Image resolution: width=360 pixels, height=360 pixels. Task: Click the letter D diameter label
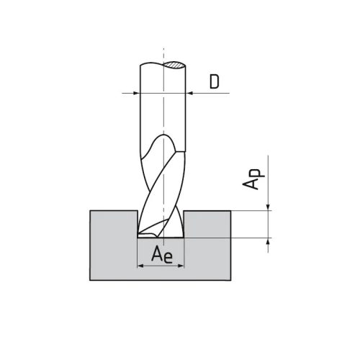click(x=215, y=81)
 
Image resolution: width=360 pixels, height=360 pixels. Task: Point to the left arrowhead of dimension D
click(x=135, y=93)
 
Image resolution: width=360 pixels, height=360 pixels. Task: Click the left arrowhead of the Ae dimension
click(x=140, y=265)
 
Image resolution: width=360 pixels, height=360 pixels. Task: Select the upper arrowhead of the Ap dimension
click(x=269, y=207)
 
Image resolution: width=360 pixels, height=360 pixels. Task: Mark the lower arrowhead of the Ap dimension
click(x=269, y=240)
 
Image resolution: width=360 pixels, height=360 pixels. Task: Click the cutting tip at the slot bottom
click(x=156, y=235)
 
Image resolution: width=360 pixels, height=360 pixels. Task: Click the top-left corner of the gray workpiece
click(x=90, y=210)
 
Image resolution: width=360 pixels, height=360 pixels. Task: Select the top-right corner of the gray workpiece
click(x=231, y=210)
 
